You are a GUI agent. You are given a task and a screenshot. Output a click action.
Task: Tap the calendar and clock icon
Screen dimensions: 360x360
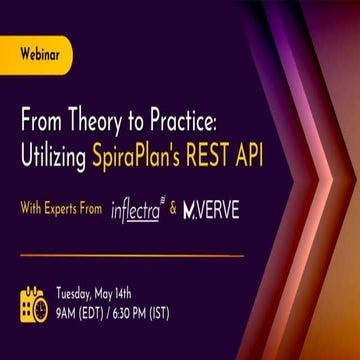(x=34, y=304)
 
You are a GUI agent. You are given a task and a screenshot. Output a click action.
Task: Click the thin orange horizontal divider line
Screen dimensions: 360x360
(x=130, y=256)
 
